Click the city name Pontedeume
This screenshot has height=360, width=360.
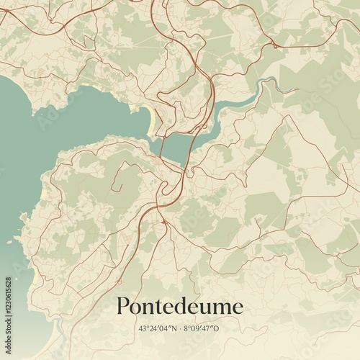tap(179, 307)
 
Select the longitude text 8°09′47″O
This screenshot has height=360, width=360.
tap(204, 328)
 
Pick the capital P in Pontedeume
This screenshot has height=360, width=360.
tap(123, 306)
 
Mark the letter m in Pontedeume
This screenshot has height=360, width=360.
tap(220, 308)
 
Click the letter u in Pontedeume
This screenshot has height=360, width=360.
tap(205, 308)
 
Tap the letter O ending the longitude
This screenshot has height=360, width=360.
tap(219, 328)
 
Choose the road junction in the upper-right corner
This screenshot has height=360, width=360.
tap(274, 45)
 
